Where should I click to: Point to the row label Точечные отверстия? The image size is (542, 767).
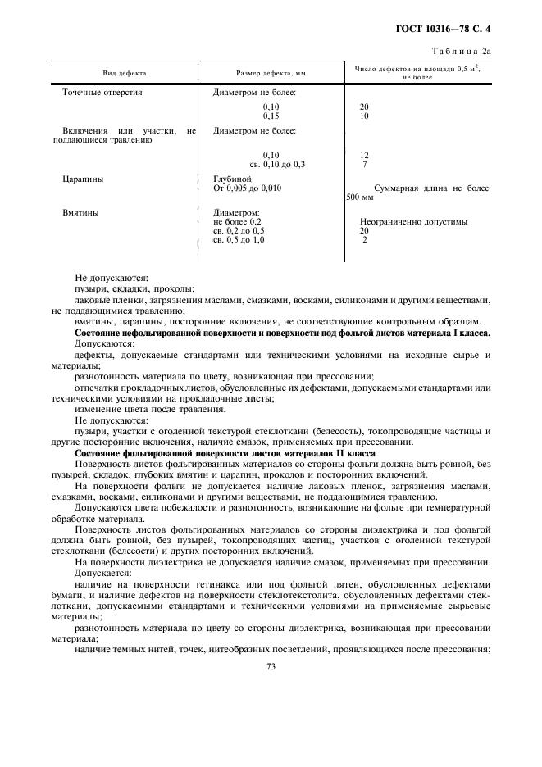(102, 93)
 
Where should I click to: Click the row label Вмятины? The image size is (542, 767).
(80, 212)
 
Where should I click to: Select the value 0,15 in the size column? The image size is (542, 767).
(271, 116)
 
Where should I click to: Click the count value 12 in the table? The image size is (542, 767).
(364, 154)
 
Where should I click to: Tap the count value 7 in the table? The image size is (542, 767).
(364, 164)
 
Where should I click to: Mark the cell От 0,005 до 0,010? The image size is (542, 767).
(247, 188)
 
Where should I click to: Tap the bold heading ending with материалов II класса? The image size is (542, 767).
(225, 453)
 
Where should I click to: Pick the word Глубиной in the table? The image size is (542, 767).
(232, 179)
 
